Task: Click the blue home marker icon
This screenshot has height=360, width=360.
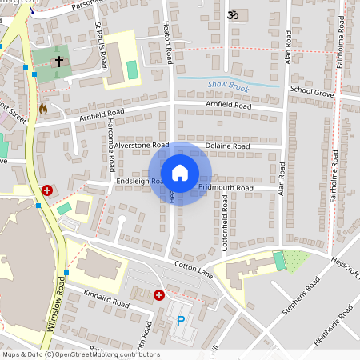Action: (179, 173)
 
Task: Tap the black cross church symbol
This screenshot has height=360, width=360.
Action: (59, 61)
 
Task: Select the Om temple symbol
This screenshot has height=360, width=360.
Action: (234, 14)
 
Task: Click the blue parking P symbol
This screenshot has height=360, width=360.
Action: (180, 322)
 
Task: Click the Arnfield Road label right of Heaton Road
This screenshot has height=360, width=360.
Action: (228, 105)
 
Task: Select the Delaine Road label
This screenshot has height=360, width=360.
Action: (227, 146)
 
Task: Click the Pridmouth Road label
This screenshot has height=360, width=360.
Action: (226, 188)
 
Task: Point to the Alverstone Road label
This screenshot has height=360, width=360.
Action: (142, 146)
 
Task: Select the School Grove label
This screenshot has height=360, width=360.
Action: (311, 93)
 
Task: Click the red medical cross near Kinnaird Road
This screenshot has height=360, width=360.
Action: (159, 295)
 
